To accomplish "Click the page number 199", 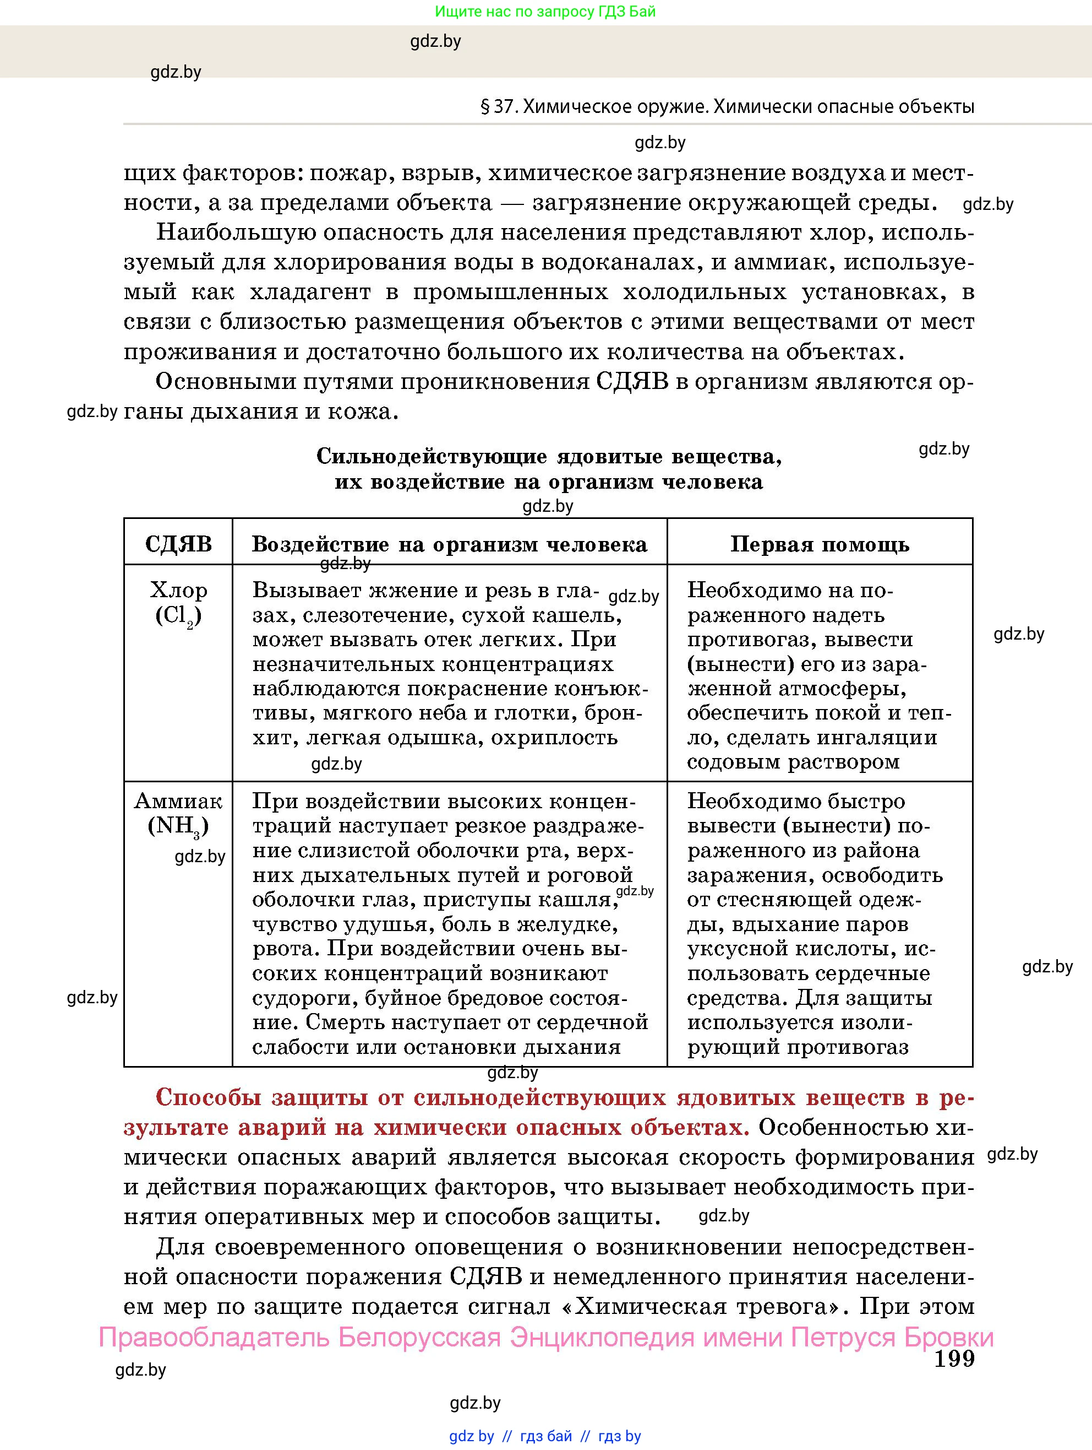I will pos(954,1359).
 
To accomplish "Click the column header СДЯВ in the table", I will pos(178,544).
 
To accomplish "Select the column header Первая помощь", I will pos(820,544).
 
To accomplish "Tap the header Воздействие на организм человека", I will pos(449,544).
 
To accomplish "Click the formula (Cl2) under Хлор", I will pos(178,616).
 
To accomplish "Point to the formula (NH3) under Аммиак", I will pos(178,826).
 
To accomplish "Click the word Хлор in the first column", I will pos(178,590).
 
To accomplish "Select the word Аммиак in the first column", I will pos(178,801).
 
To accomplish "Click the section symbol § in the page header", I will pos(485,107).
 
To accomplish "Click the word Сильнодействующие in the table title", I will pos(431,456).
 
